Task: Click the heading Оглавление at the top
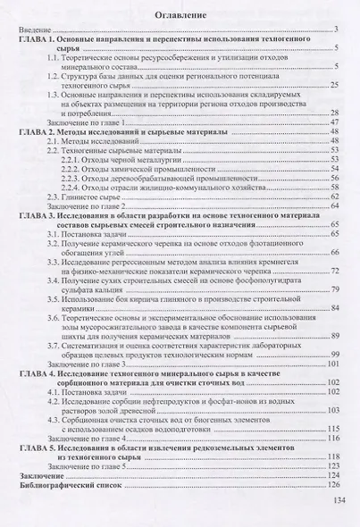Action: (180, 15)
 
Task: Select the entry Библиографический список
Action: (69, 487)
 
